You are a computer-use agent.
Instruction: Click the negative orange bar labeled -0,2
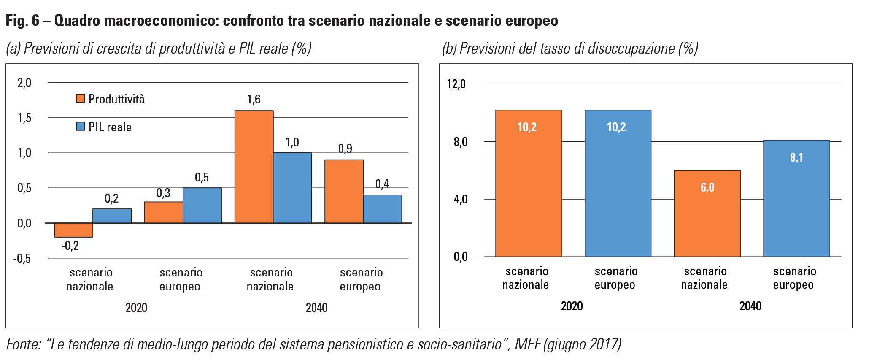pos(74,230)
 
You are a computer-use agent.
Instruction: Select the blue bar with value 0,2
pos(112,216)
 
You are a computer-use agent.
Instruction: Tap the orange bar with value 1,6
pos(254,167)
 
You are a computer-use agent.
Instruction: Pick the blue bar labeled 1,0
pos(292,188)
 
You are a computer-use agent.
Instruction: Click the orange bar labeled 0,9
pos(344,191)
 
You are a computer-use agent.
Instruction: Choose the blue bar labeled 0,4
pos(382,209)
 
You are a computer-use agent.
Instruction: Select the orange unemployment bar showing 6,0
pos(707,213)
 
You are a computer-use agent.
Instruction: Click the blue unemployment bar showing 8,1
pos(796,198)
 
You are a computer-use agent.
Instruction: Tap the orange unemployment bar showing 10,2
pos(529,183)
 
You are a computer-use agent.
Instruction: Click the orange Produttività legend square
pos(80,98)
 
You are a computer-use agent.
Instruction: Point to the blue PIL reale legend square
pos(80,126)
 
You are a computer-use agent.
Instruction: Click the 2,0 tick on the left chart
pos(24,83)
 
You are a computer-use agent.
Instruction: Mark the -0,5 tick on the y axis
pos(22,258)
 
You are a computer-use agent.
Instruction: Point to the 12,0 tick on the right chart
pos(456,84)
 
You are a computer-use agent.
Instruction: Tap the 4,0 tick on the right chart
pos(460,199)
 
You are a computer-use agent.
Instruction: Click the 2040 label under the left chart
pos(316,308)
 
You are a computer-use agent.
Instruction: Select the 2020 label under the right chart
pos(572,306)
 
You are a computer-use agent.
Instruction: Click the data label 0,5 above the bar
pos(202,178)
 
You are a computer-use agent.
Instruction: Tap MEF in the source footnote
pos(527,344)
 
